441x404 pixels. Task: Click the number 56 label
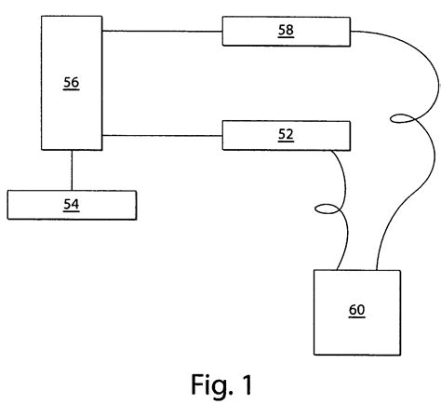coord(71,83)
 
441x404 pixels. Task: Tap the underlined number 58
coord(287,30)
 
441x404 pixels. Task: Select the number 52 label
coord(287,134)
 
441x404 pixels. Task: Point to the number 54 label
coord(72,204)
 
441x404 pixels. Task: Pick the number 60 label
coord(357,310)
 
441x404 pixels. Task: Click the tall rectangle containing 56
coord(71,116)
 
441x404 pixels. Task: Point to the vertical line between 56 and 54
coord(72,170)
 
